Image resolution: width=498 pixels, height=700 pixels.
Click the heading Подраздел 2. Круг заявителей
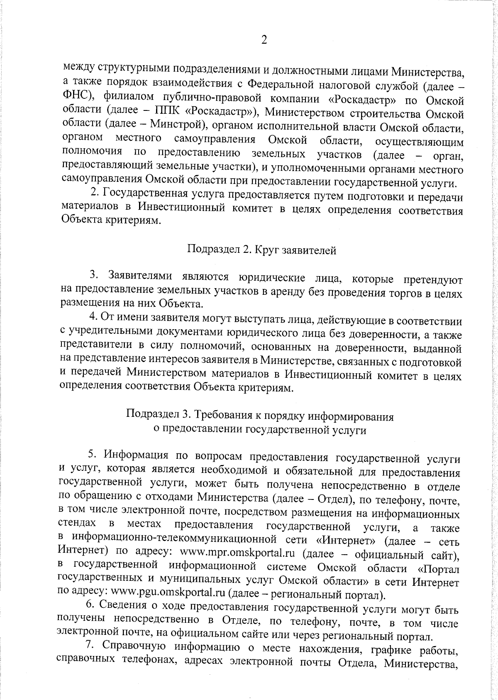pyautogui.click(x=261, y=250)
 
